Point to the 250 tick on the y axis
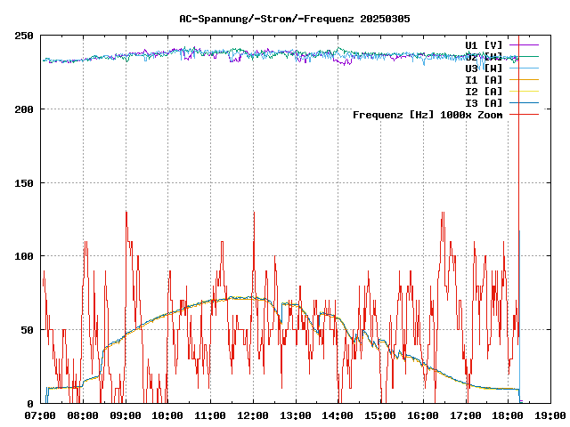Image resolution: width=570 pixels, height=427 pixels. (24, 36)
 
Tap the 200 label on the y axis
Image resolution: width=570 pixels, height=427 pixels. (24, 109)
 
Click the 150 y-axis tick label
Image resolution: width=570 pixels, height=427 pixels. (24, 183)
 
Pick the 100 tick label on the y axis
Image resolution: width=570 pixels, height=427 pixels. (24, 256)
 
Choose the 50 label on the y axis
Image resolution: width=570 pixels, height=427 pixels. (28, 330)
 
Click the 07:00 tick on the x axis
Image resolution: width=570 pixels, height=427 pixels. (40, 415)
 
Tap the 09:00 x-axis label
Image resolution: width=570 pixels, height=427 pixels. (126, 415)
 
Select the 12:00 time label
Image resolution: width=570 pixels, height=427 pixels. (253, 415)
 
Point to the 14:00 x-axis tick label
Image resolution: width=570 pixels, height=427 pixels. (338, 415)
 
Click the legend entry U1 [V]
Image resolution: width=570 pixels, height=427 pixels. (484, 44)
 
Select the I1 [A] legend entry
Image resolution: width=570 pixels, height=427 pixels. (484, 79)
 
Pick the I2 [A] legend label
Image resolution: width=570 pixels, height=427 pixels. (484, 91)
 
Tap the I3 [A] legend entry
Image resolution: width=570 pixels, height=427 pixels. (484, 102)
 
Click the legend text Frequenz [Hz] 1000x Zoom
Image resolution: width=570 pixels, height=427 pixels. (427, 115)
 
